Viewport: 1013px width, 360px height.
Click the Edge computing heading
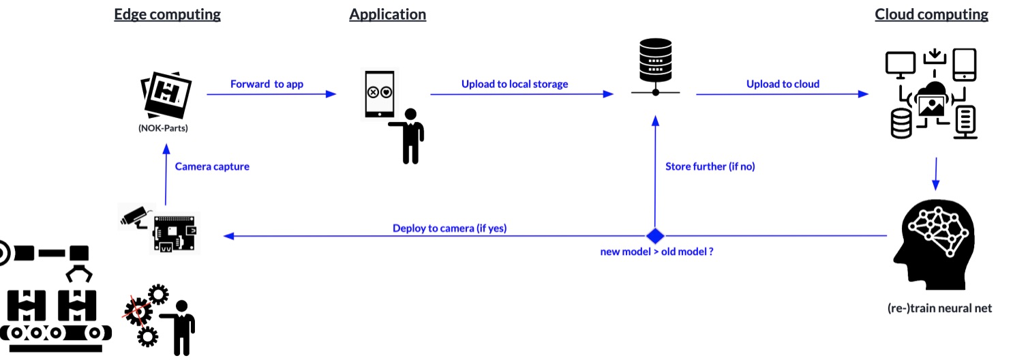[x=167, y=14]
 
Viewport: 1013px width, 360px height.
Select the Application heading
[x=387, y=14]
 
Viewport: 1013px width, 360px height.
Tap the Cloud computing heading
[x=931, y=14]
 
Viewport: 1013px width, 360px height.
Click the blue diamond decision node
[x=655, y=236]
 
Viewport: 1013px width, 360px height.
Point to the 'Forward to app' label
[x=267, y=84]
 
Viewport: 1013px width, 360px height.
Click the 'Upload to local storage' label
[x=515, y=84]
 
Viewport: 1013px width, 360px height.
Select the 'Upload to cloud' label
[x=783, y=84]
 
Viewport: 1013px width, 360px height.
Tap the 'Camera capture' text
[x=212, y=166]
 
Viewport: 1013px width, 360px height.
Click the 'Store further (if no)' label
[x=710, y=166]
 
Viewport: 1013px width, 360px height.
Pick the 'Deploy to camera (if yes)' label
[x=449, y=228]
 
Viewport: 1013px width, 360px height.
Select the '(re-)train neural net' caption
[x=939, y=308]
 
